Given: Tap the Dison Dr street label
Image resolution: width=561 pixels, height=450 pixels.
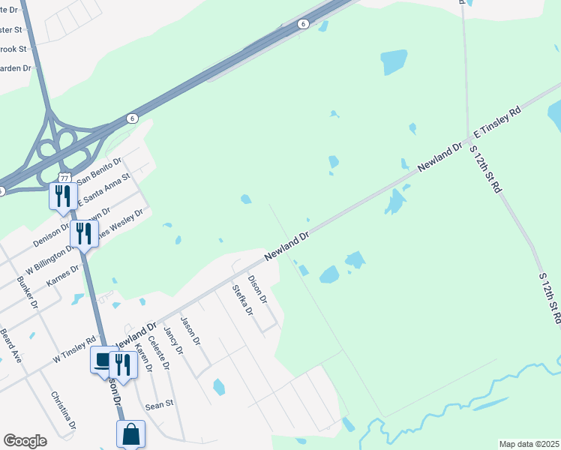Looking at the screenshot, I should tap(257, 288).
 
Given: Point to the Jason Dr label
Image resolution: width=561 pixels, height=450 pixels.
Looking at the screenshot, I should tap(191, 331).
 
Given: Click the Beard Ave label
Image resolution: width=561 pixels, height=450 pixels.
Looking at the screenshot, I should tap(12, 346).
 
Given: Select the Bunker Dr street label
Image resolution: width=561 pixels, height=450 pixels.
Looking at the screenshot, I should tap(27, 292).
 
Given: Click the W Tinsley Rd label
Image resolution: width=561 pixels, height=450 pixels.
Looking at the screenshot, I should tap(74, 350).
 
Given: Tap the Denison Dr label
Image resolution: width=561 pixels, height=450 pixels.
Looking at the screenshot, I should tap(51, 235).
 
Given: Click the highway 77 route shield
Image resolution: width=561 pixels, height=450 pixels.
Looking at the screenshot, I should tap(64, 177).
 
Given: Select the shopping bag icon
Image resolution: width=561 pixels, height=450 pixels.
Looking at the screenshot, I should tap(130, 433).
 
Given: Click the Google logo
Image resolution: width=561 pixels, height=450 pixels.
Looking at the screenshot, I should tap(25, 441).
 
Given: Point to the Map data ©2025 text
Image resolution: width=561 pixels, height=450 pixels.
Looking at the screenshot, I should tap(529, 444).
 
